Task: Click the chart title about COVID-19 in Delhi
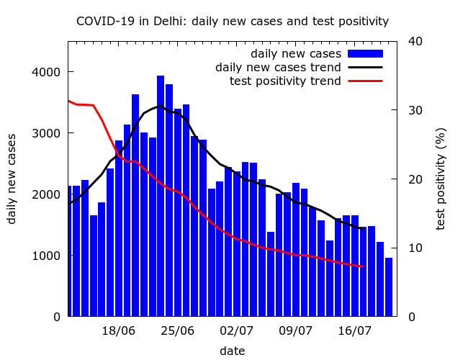233,22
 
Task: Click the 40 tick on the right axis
415,41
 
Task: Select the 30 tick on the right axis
415,110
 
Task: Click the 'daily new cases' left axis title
12,178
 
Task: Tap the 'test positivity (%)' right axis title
441,178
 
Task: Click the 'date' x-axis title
232,351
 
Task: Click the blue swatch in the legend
364,54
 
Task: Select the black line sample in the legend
364,68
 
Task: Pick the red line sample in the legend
364,81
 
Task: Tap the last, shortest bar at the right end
389,287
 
